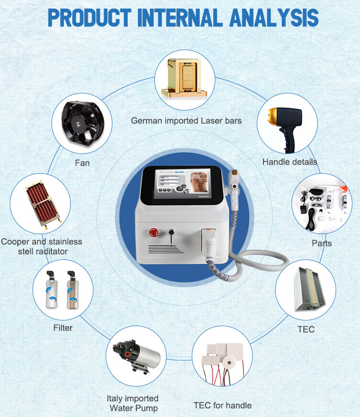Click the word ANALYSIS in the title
[x=274, y=18]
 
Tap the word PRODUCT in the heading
[x=89, y=18]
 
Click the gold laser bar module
[x=184, y=79]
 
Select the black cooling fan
[x=83, y=123]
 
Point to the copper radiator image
[x=43, y=204]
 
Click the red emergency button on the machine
[x=153, y=233]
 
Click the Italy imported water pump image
[x=137, y=356]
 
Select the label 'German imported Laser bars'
[x=186, y=121]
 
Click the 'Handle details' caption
[x=289, y=162]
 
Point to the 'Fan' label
[x=82, y=163]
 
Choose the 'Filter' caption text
[x=63, y=328]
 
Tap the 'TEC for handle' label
[x=222, y=405]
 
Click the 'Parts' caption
[x=322, y=243]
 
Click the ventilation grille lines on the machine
[x=166, y=249]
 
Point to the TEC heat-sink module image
[x=310, y=289]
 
